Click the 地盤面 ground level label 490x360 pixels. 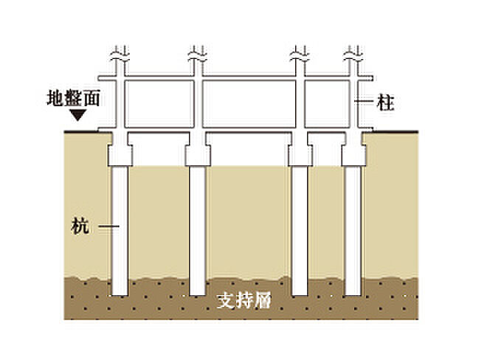[74, 98]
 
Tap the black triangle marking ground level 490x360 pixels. [77, 115]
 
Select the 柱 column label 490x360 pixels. [385, 103]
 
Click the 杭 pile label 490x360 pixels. [80, 226]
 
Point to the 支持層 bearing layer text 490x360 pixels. [244, 301]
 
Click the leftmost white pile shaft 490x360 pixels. [120, 231]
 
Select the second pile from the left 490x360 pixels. [198, 231]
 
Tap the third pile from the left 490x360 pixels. [300, 231]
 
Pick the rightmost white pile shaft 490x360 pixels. [353, 231]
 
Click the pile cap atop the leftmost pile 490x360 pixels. [120, 156]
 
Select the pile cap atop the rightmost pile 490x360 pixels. [353, 156]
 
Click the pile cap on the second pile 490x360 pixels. [198, 156]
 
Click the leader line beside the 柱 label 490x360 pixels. [364, 101]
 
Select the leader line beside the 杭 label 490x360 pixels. [108, 226]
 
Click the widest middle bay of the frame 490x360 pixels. [249, 104]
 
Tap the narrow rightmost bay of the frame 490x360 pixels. [327, 104]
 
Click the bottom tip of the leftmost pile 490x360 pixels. [120, 295]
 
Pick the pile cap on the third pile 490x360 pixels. [300, 156]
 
